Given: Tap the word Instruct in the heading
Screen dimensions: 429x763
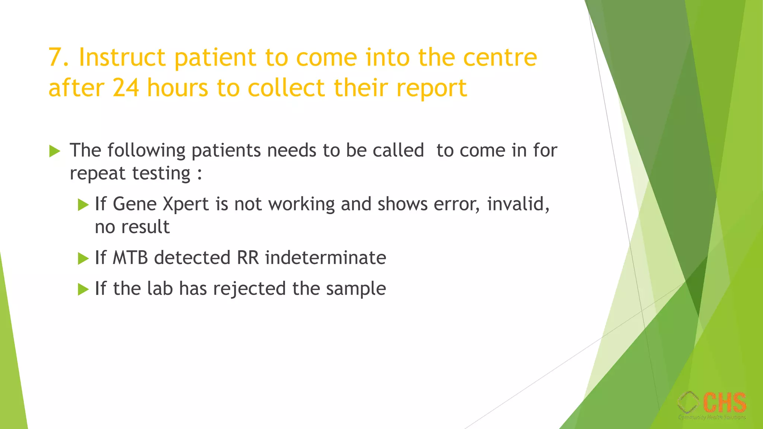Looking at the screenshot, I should pos(122,58).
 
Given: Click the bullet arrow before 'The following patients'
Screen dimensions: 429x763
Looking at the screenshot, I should pos(54,151).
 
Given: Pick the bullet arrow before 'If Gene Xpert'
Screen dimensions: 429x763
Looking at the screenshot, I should pos(83,204).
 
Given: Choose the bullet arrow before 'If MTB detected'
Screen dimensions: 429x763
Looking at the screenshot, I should pos(83,258).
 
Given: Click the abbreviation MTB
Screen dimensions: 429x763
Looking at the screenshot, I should pos(130,258).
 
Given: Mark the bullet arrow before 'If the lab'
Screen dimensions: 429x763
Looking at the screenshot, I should pos(83,289).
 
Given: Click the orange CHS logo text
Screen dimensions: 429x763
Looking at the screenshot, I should pos(725,403).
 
